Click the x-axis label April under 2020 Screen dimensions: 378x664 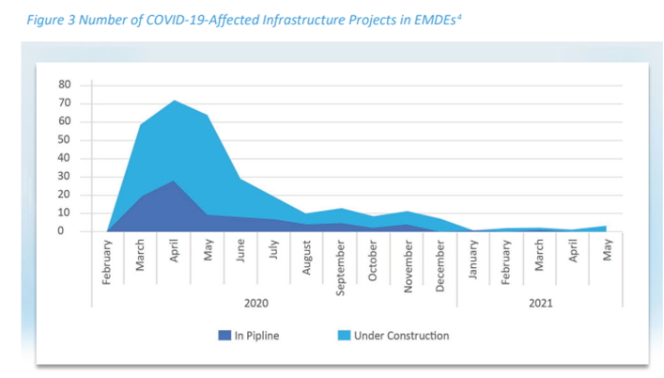point(174,259)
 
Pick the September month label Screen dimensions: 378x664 point(341,268)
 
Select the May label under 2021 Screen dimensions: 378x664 point(608,253)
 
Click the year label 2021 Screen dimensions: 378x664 point(541,303)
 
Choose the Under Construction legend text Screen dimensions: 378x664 point(401,336)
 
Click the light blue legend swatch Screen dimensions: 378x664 point(344,336)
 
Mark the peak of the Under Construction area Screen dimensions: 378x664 point(174,100)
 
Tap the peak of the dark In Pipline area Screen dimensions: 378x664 point(174,181)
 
